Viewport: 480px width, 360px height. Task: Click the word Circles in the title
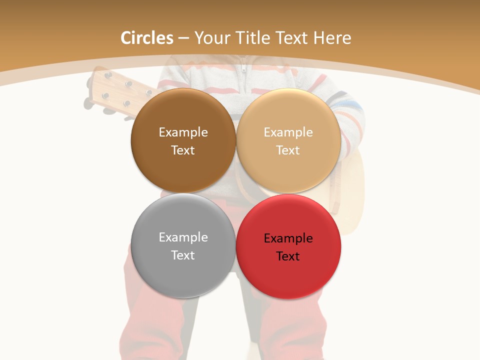point(147,38)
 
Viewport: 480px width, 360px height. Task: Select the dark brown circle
point(183,110)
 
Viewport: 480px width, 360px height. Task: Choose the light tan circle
point(288,110)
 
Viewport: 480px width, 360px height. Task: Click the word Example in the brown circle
point(183,132)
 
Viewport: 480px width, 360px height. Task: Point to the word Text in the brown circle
point(183,150)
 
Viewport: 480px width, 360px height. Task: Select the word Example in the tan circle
point(288,132)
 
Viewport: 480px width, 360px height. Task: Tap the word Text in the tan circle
point(288,150)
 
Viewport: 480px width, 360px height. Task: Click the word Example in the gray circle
point(183,237)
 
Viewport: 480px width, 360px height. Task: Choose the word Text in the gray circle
point(183,255)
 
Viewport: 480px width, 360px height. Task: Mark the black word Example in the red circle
point(288,238)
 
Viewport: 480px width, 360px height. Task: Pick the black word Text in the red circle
point(288,256)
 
